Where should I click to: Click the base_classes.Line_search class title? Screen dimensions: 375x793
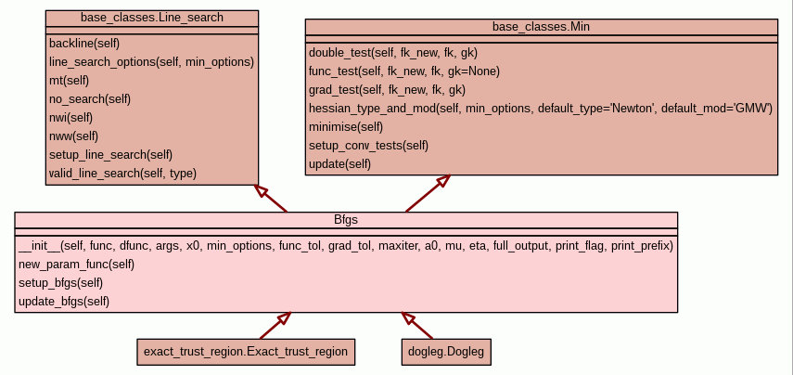click(x=152, y=18)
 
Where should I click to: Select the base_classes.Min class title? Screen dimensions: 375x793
click(x=541, y=27)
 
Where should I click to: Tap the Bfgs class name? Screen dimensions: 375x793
click(x=346, y=220)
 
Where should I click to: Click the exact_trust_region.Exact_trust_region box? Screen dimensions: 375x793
click(x=246, y=352)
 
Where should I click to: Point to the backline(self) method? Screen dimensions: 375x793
click(x=84, y=44)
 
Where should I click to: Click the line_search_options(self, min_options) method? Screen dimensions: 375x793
click(x=151, y=62)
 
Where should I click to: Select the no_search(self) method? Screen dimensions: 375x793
click(x=90, y=99)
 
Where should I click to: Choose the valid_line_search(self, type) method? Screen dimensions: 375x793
click(x=122, y=174)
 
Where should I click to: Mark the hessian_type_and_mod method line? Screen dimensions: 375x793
click(x=541, y=109)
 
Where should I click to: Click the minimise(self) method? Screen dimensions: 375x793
click(x=346, y=127)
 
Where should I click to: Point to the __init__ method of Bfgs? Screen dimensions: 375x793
click(x=345, y=246)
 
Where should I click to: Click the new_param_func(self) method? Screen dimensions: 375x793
click(x=77, y=265)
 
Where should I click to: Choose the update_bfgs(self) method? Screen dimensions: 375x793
click(x=64, y=302)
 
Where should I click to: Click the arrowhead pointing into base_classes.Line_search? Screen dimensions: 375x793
click(x=261, y=190)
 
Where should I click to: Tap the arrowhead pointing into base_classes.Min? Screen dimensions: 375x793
click(x=443, y=180)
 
